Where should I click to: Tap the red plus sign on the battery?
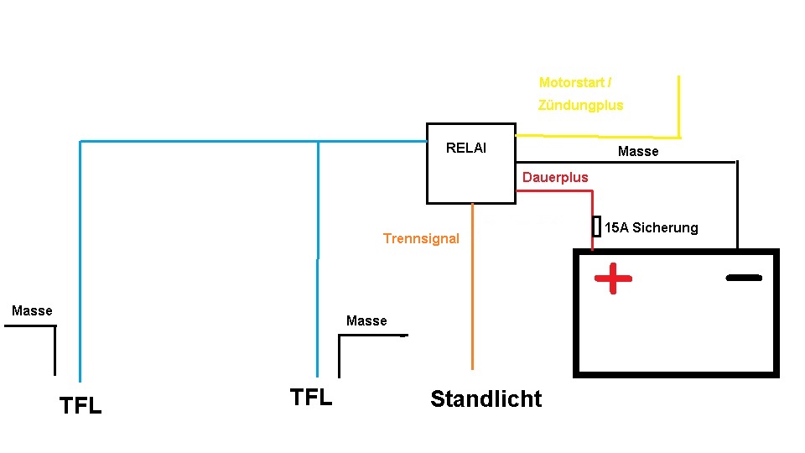(x=613, y=279)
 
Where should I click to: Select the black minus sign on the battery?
(x=744, y=277)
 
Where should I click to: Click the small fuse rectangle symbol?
(x=596, y=226)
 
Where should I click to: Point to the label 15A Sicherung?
(x=651, y=227)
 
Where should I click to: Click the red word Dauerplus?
(x=555, y=177)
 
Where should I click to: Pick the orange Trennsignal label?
(x=421, y=238)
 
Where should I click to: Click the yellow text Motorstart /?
(x=575, y=82)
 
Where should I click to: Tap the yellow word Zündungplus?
(x=580, y=105)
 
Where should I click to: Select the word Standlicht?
(x=486, y=398)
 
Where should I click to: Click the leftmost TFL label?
(x=80, y=406)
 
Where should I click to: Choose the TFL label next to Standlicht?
(x=310, y=397)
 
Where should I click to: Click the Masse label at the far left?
(x=32, y=310)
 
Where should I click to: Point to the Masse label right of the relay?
(x=638, y=151)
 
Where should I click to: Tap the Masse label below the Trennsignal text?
(x=366, y=320)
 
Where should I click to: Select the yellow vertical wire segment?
(x=678, y=106)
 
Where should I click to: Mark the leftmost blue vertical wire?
(x=80, y=260)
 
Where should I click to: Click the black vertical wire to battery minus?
(x=737, y=206)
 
